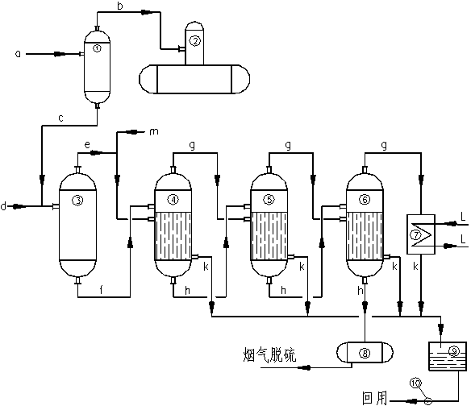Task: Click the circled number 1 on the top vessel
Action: [97, 48]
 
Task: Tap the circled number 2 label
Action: [195, 40]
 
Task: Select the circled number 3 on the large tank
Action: [77, 200]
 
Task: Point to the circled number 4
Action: [173, 199]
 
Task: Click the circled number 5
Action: [269, 199]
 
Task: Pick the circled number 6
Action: [365, 199]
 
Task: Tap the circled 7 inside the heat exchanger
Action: [416, 234]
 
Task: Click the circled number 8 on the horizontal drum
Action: [365, 353]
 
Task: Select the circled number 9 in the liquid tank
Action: [454, 351]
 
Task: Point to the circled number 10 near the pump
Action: [416, 383]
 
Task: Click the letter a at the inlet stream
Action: [18, 54]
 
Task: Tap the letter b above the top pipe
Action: [120, 6]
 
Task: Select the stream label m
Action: [154, 132]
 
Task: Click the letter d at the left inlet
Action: [3, 206]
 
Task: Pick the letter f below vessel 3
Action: [102, 290]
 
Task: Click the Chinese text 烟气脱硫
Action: [269, 354]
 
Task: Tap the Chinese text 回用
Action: [374, 398]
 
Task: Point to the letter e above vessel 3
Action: [87, 145]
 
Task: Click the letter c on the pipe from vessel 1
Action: [61, 118]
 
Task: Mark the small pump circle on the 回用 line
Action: [428, 400]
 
